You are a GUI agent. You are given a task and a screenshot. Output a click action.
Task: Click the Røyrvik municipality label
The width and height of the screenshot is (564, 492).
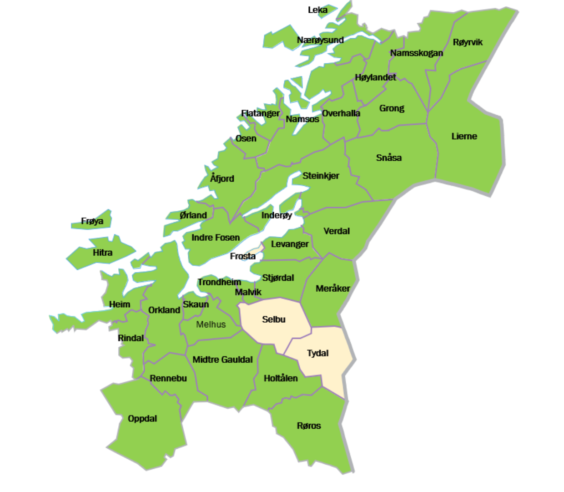(x=468, y=42)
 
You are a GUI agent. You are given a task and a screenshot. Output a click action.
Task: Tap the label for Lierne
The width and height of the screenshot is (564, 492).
(x=464, y=136)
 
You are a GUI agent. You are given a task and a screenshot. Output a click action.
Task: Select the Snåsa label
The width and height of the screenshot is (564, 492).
(x=388, y=158)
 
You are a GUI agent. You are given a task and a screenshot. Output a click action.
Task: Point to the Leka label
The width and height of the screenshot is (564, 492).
(x=317, y=10)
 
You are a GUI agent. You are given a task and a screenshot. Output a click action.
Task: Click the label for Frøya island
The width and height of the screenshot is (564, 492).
(x=92, y=221)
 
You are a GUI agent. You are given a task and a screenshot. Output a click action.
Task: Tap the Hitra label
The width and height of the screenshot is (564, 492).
(x=102, y=253)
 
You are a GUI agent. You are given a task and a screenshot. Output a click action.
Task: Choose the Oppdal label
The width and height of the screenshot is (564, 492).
(x=142, y=419)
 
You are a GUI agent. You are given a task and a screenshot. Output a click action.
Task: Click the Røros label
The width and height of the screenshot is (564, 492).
(x=309, y=426)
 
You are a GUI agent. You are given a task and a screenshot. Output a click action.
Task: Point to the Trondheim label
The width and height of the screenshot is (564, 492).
(x=219, y=282)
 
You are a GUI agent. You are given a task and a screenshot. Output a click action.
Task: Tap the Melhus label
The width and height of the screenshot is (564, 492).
(x=211, y=325)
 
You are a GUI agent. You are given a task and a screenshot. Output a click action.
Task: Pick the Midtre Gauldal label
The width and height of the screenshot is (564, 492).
(x=222, y=360)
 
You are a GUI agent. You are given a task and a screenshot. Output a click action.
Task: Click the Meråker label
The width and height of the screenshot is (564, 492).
(x=332, y=289)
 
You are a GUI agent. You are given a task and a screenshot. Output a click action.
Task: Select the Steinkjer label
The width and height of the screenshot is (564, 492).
(x=321, y=176)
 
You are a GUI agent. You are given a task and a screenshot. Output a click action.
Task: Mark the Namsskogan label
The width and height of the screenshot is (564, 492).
(x=416, y=53)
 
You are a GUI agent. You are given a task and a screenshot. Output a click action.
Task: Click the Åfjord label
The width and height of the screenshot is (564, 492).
(x=222, y=179)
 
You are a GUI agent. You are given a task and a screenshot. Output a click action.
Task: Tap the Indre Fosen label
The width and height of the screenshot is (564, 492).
(x=215, y=238)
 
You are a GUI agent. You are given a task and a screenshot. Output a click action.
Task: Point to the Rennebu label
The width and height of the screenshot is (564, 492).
(x=168, y=378)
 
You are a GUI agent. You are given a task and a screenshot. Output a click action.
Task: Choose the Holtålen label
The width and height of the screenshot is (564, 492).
(x=281, y=378)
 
